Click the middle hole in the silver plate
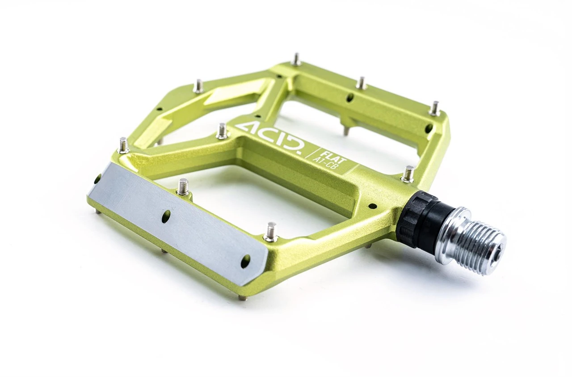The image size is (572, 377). (x=166, y=216)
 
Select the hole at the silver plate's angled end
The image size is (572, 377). (x=245, y=261)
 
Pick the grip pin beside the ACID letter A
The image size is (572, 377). (x=222, y=131)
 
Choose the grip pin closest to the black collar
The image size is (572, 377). (x=408, y=174)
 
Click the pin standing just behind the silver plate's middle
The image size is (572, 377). (x=183, y=186)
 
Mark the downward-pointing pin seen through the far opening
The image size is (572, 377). (x=346, y=131)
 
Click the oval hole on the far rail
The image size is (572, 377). (x=349, y=97)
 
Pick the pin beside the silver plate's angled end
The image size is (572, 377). (x=271, y=232)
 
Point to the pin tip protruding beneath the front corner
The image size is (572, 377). (x=242, y=298)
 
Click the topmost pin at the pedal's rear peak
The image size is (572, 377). (x=295, y=59)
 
